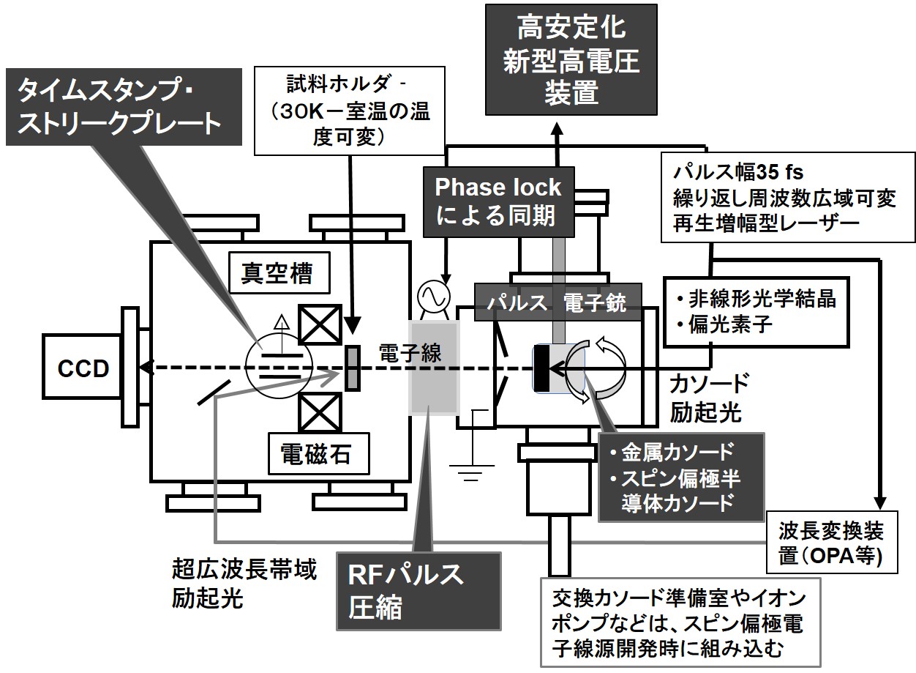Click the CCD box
pyautogui.click(x=83, y=368)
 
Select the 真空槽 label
pyautogui.click(x=277, y=274)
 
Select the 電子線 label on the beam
pyautogui.click(x=399, y=353)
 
